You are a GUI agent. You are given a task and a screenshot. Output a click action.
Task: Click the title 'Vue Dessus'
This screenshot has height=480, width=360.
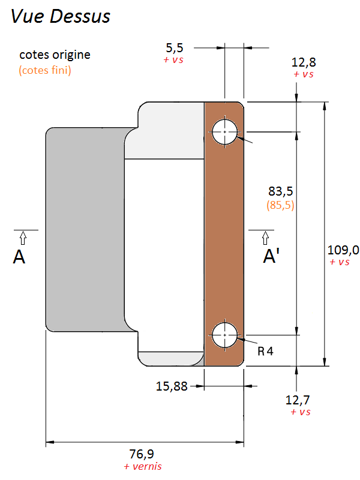click(x=61, y=16)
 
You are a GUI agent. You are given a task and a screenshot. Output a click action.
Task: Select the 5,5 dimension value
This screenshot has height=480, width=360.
click(x=174, y=49)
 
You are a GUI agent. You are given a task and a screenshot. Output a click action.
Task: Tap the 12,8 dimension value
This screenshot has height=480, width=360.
click(x=304, y=62)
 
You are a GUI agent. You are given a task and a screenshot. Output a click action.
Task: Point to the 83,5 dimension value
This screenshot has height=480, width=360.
click(x=280, y=191)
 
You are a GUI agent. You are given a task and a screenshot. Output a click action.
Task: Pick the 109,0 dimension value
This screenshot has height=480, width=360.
click(x=343, y=250)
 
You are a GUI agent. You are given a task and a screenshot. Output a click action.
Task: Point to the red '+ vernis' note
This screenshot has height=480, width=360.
click(x=143, y=466)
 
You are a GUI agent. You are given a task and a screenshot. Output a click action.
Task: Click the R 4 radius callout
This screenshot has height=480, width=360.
click(x=265, y=351)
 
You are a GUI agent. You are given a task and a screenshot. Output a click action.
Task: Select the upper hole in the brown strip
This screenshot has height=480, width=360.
click(x=225, y=131)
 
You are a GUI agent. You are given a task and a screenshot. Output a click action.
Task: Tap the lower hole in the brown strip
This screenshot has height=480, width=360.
click(x=225, y=335)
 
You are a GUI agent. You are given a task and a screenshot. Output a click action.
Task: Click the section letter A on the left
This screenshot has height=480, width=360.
click(x=19, y=257)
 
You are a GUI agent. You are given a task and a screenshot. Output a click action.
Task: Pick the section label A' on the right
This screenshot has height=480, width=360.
click(x=271, y=257)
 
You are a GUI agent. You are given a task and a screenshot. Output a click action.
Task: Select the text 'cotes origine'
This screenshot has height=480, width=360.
click(x=55, y=55)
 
